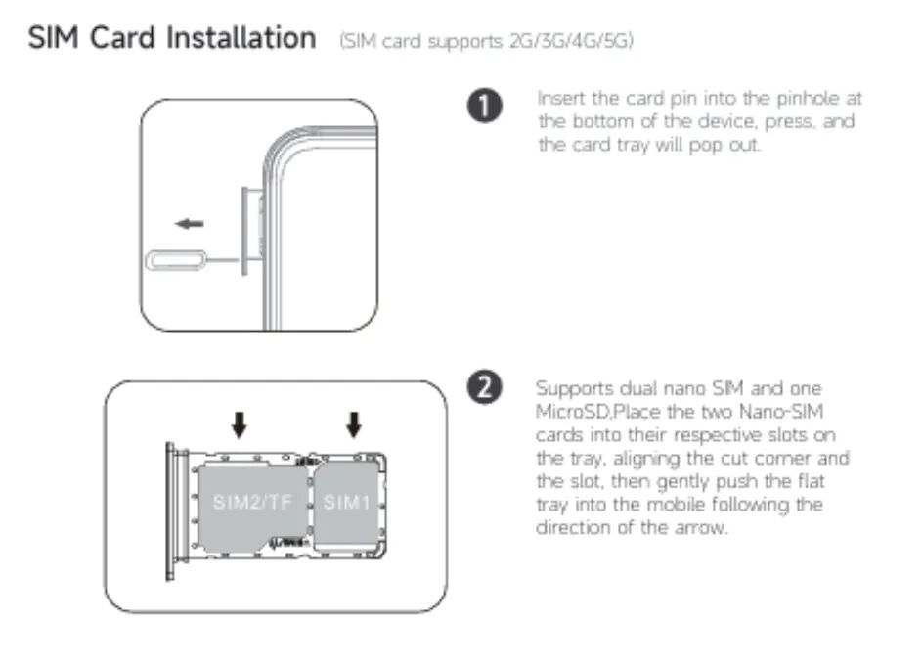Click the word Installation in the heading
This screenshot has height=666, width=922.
pos(241,38)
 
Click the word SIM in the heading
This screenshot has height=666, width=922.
pos(54,38)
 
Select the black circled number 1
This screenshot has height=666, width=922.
pos(485,107)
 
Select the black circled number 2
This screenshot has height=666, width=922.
pos(485,388)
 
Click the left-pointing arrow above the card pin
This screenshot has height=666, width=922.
pos(190,224)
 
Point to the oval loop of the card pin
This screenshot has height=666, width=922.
pos(176,260)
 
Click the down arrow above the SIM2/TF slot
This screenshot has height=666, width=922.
pos(239,424)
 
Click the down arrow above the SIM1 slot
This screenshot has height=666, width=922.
pos(353,424)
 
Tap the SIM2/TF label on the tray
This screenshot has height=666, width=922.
pos(251,502)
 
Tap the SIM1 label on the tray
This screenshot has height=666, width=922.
pos(346,502)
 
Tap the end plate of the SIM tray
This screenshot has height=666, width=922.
pos(171,511)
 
